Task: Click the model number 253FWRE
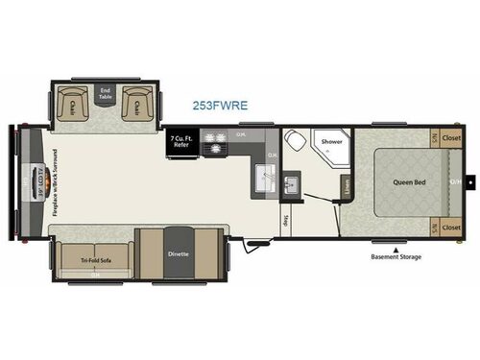click(216, 107)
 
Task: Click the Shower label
click(331, 142)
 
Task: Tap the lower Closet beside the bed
click(451, 228)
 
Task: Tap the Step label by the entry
click(286, 219)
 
